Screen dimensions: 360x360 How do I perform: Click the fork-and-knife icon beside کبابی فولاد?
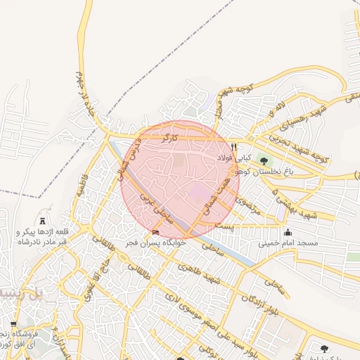(233, 147)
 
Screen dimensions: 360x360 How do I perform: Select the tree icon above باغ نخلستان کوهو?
(264, 161)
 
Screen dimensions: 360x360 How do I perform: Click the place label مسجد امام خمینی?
(288, 243)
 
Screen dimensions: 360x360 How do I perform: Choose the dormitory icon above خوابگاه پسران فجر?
(155, 233)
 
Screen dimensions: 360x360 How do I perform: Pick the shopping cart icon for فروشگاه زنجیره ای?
(13, 325)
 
